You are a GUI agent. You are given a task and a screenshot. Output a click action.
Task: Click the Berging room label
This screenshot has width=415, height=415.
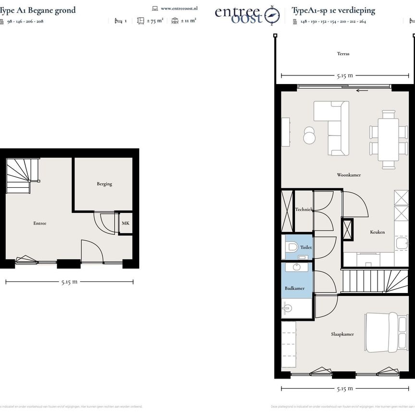[x=104, y=184]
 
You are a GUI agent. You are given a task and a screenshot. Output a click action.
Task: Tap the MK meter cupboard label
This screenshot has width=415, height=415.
[x=125, y=223]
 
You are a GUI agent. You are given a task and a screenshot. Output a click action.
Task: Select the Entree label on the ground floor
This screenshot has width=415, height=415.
[x=40, y=223]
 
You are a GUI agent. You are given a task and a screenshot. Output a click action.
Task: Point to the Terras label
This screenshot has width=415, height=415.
[x=343, y=54]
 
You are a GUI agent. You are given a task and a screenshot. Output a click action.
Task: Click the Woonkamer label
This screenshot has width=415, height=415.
[x=349, y=175]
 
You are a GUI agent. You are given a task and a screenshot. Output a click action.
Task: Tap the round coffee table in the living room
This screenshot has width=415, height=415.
[x=310, y=136]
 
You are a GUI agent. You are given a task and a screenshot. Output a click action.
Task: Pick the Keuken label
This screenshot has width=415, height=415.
[x=377, y=232]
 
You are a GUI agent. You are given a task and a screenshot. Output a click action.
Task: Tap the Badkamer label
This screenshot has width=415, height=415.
[x=294, y=288]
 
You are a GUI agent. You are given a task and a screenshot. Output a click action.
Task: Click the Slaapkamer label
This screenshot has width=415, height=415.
[x=342, y=334]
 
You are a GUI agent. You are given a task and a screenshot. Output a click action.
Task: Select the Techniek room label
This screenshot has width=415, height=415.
[x=304, y=209]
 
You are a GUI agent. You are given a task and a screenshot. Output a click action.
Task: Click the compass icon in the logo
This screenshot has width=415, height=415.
[x=273, y=16]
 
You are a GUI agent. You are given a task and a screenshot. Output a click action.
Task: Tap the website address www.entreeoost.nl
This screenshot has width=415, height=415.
[x=179, y=8]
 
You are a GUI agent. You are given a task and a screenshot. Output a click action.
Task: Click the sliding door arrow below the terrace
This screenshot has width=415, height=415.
[x=362, y=89]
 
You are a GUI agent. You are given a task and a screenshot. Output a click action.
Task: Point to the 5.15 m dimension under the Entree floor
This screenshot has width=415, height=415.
[x=69, y=282]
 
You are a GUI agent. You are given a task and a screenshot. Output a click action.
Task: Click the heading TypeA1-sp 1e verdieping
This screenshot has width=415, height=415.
[x=333, y=10]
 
